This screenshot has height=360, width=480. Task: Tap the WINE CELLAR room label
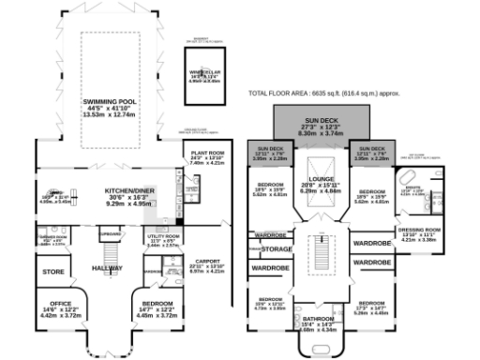click(x=205, y=70)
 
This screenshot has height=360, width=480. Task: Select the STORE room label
click(x=52, y=273)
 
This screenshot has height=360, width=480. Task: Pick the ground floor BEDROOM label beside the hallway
click(x=157, y=304)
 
